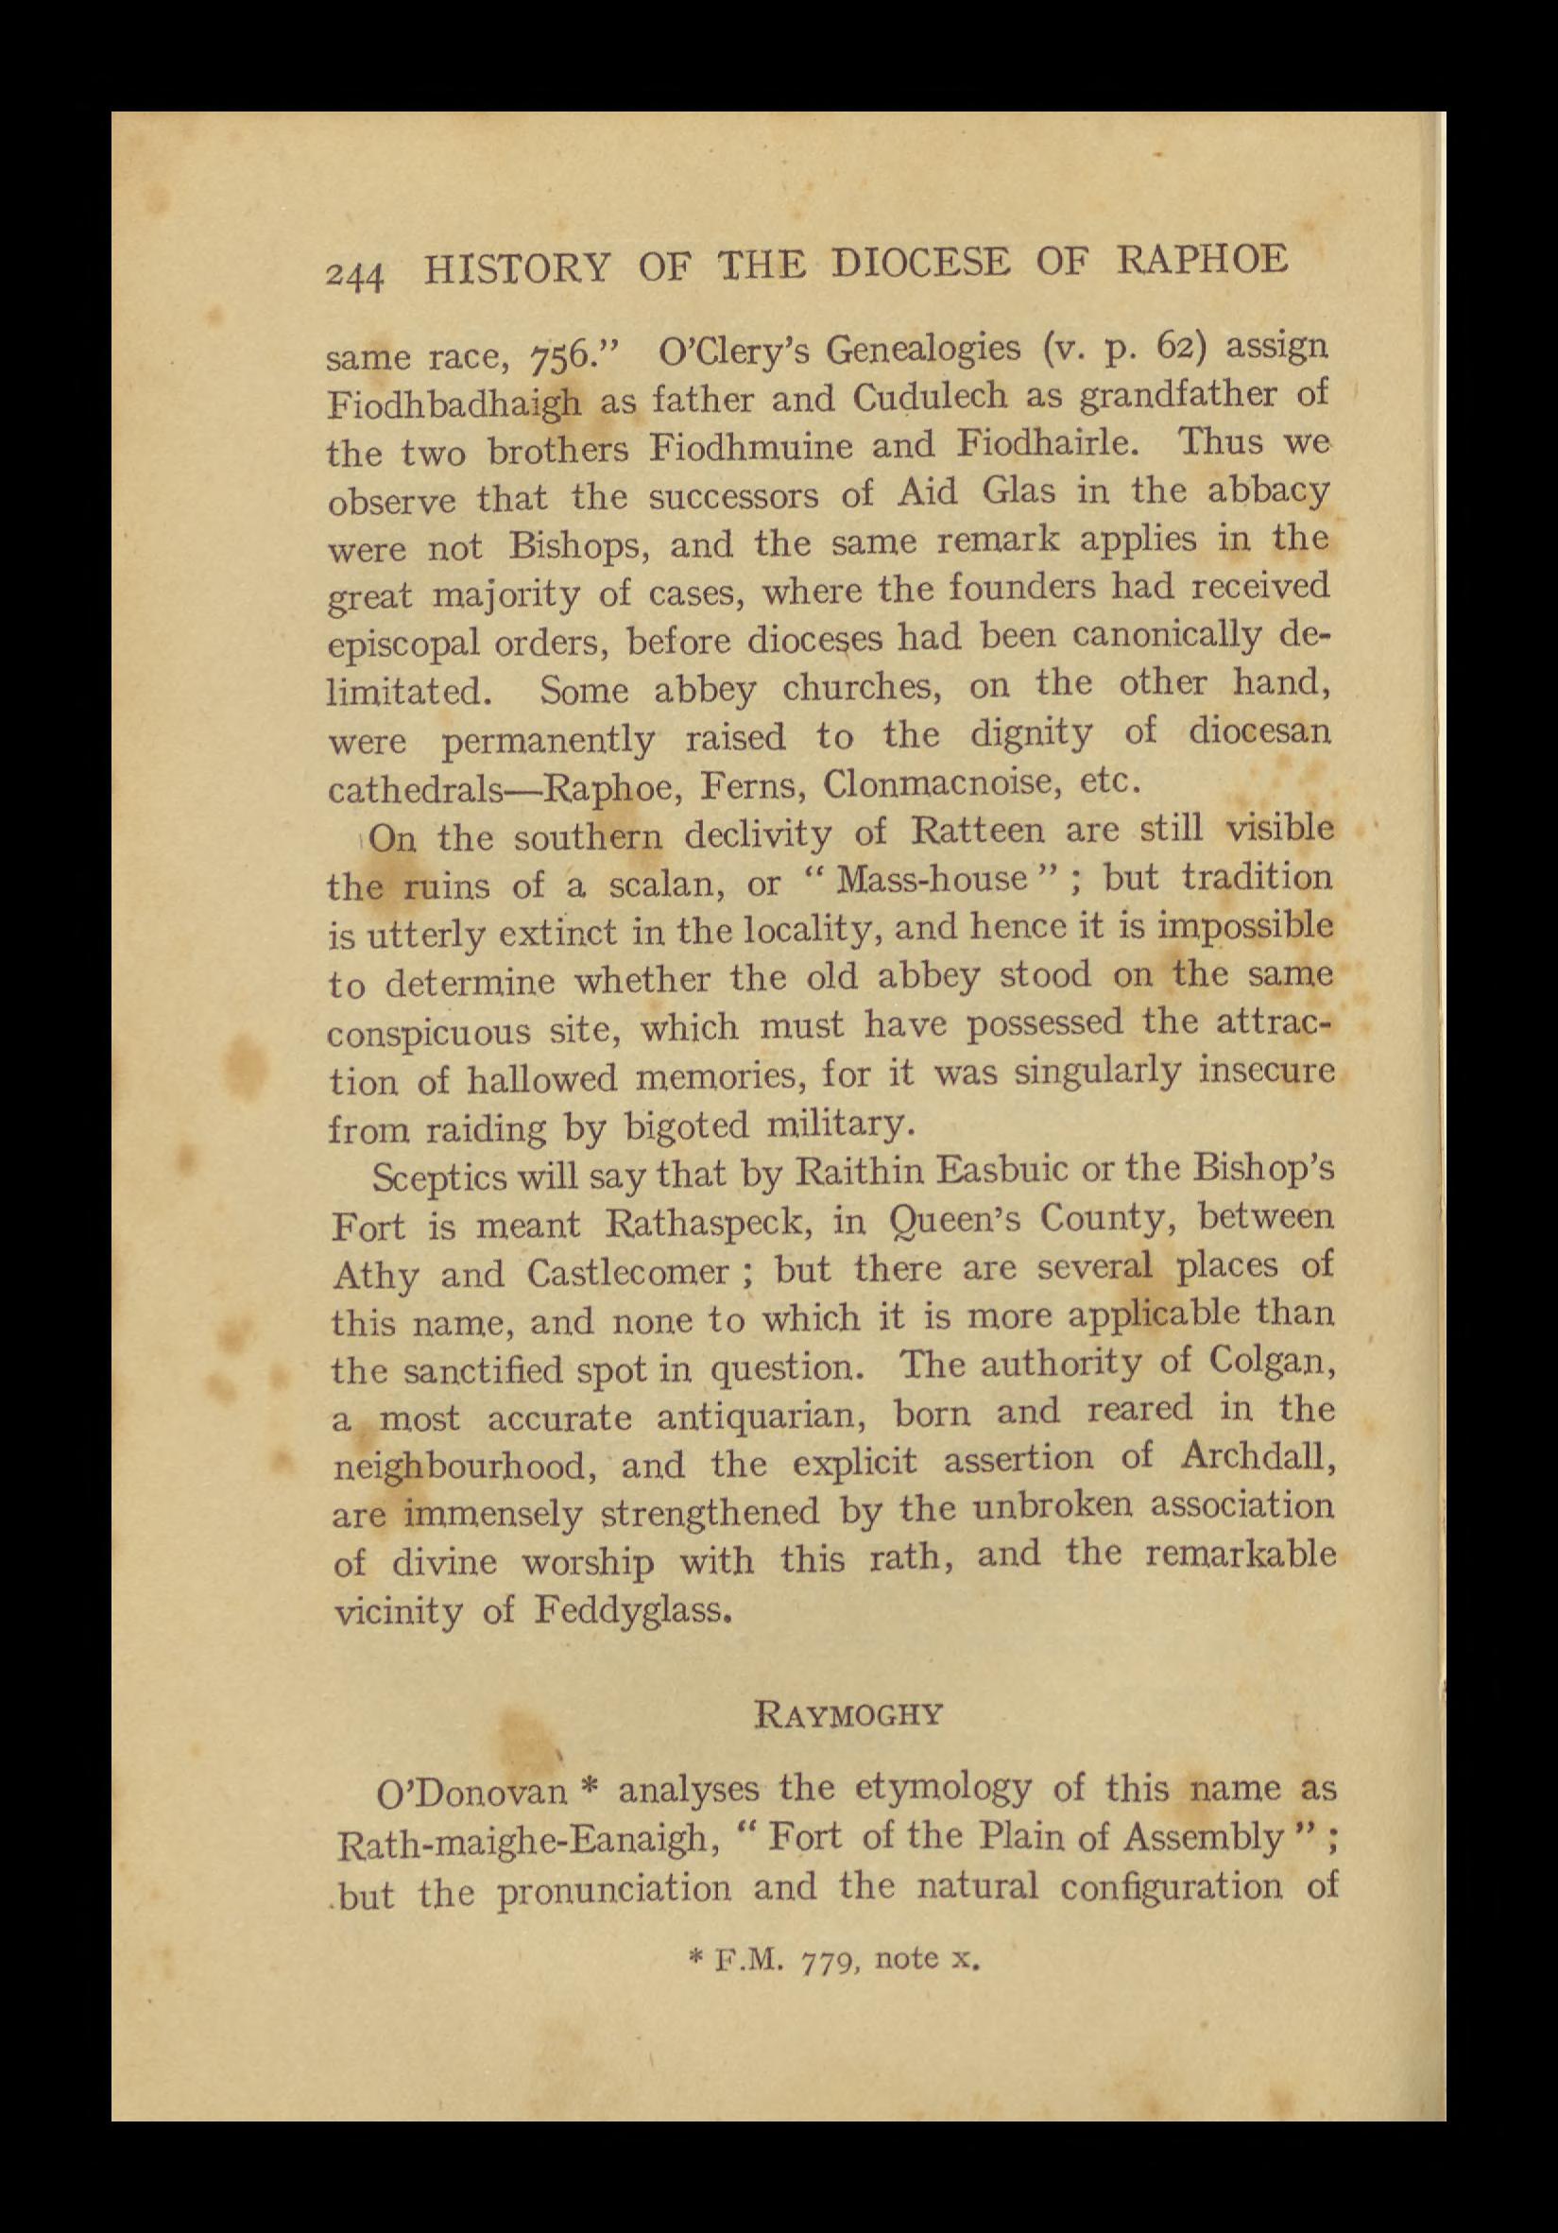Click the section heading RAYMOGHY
(x=849, y=1714)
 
